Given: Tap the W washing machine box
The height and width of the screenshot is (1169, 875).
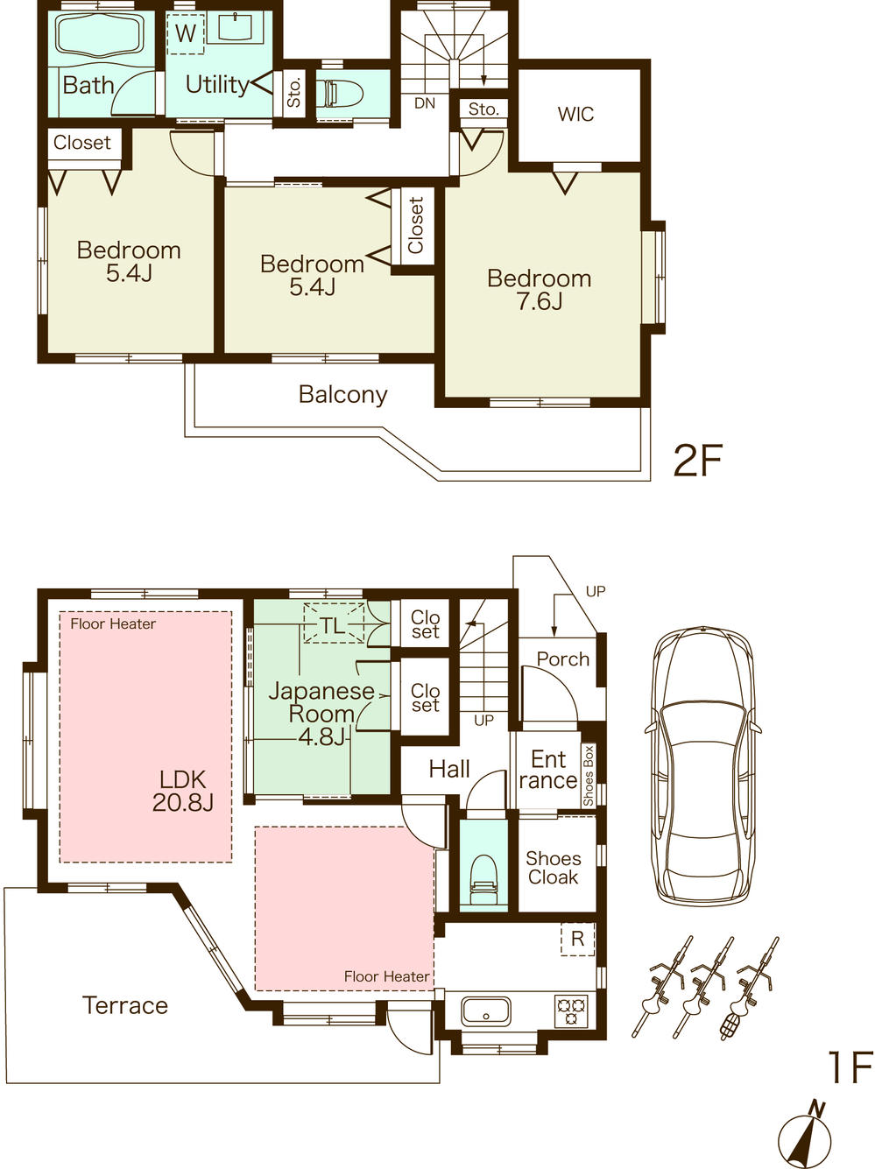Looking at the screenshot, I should pos(186,34).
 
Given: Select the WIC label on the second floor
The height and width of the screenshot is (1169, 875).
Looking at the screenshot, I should pos(575,114).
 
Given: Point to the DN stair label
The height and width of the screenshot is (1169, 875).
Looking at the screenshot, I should pos(425,103).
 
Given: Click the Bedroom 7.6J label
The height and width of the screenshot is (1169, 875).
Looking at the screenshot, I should pos(539,290).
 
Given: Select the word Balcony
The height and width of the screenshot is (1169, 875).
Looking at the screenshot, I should pos(342,394).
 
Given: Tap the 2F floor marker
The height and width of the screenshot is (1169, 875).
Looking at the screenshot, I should pos(697,460).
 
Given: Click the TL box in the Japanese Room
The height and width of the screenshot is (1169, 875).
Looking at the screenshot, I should pos(333,623).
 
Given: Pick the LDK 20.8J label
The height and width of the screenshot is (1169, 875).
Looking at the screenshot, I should pos(182,790).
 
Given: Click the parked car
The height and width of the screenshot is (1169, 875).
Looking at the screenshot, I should pos(702,766).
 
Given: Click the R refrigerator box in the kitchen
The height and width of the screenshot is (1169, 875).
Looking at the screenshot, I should pos(577,939).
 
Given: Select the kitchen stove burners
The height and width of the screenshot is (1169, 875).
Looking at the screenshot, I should pos(571,1011).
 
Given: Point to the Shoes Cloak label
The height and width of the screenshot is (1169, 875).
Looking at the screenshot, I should pos(553,868).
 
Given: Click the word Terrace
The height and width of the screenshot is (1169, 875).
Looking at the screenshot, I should pos(124,1005).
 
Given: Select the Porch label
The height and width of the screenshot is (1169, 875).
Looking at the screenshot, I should pos(562,658).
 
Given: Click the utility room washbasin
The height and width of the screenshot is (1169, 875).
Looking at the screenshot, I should pos(235,29).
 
